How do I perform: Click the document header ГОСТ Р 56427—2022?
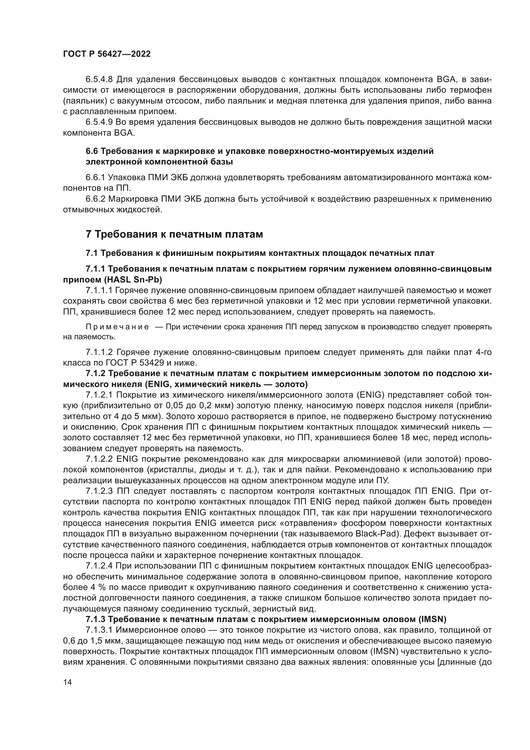click(x=107, y=54)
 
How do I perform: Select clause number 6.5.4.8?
click(x=99, y=80)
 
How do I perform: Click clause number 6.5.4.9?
click(x=99, y=122)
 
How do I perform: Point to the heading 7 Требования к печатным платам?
click(x=174, y=234)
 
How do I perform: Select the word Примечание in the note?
click(x=117, y=327)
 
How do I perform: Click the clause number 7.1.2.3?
click(x=99, y=491)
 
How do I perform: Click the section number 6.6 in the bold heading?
click(x=92, y=151)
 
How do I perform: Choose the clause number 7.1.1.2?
click(x=99, y=352)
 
